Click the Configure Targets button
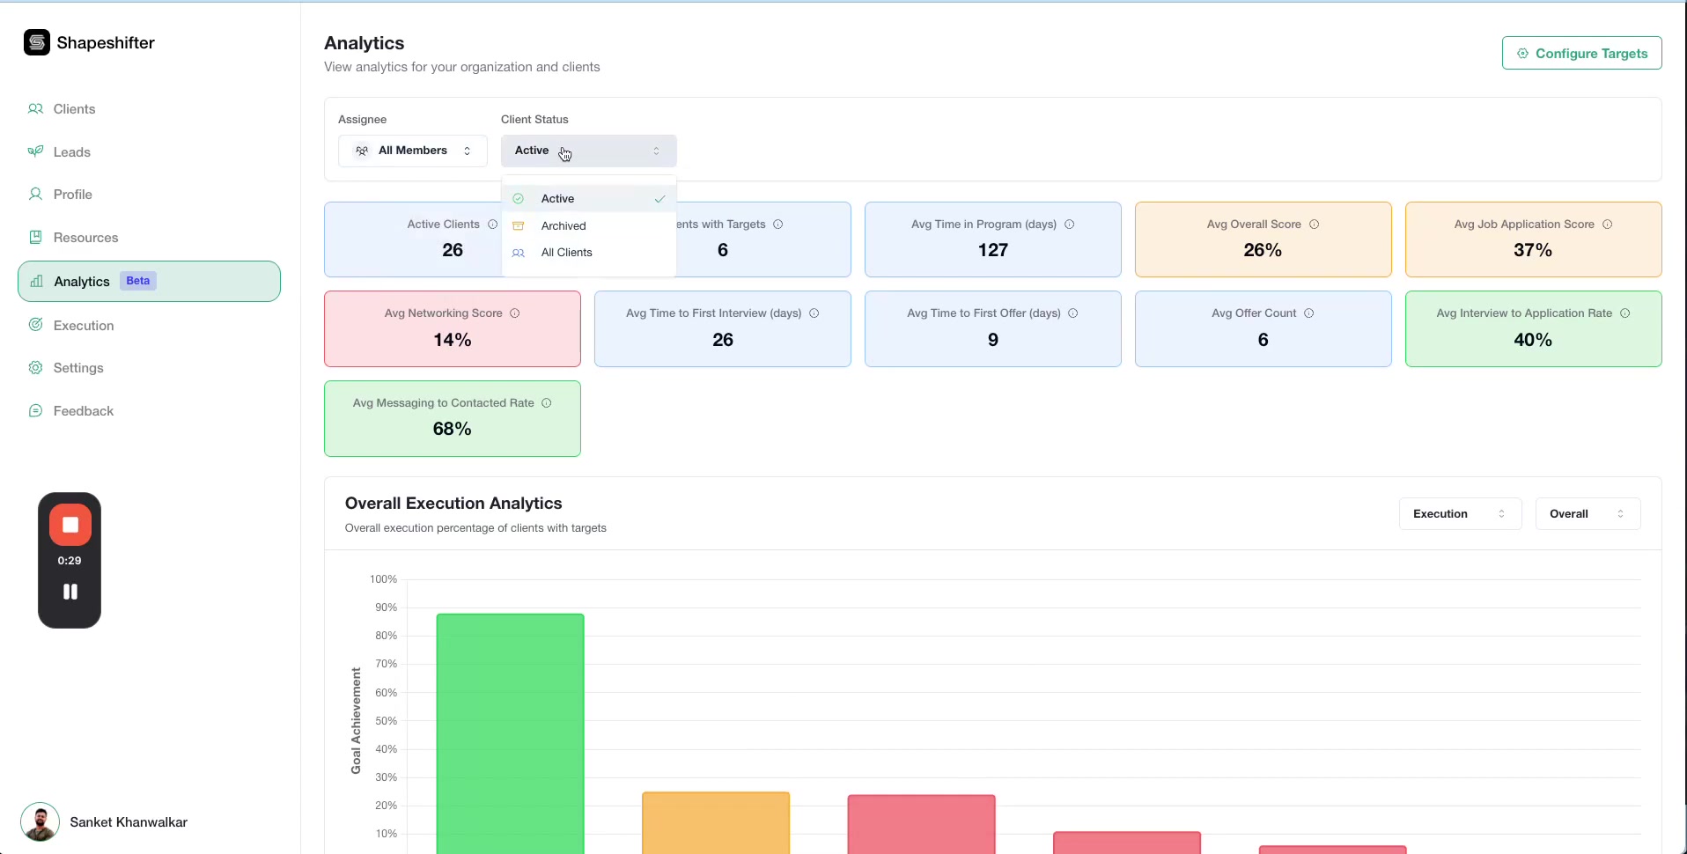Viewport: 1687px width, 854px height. pyautogui.click(x=1581, y=54)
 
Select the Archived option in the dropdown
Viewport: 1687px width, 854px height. pyautogui.click(x=564, y=226)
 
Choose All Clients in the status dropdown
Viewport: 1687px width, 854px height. pyautogui.click(x=566, y=253)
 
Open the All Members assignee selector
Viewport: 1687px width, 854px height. pyautogui.click(x=412, y=151)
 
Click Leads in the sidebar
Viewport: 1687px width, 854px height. pyautogui.click(x=71, y=152)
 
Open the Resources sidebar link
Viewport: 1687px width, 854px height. pyautogui.click(x=85, y=238)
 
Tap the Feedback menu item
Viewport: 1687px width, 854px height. pyautogui.click(x=83, y=411)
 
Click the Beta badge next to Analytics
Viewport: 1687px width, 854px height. pyautogui.click(x=137, y=281)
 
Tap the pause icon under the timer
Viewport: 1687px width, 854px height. pyautogui.click(x=70, y=592)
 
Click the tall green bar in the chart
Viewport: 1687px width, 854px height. pyautogui.click(x=510, y=731)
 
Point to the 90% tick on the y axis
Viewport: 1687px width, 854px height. pyautogui.click(x=386, y=607)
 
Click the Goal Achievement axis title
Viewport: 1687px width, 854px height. pyautogui.click(x=356, y=720)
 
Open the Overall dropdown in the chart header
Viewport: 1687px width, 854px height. pyautogui.click(x=1587, y=514)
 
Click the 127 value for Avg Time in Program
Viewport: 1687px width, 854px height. pyautogui.click(x=992, y=250)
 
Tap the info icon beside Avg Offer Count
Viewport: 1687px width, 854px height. pyautogui.click(x=1308, y=313)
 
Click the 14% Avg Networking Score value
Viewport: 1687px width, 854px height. pyautogui.click(x=452, y=340)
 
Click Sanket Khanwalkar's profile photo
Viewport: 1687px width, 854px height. pyautogui.click(x=40, y=822)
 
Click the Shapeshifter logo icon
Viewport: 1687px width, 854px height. pyautogui.click(x=37, y=42)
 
